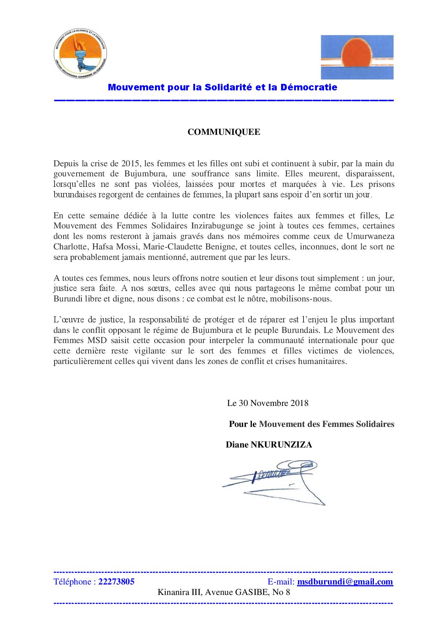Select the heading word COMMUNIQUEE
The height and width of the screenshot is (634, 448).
click(x=224, y=132)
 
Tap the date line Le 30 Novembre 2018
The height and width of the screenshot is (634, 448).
click(x=268, y=403)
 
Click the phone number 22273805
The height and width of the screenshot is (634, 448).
click(x=116, y=582)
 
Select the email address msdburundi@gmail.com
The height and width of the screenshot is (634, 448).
click(x=345, y=582)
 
